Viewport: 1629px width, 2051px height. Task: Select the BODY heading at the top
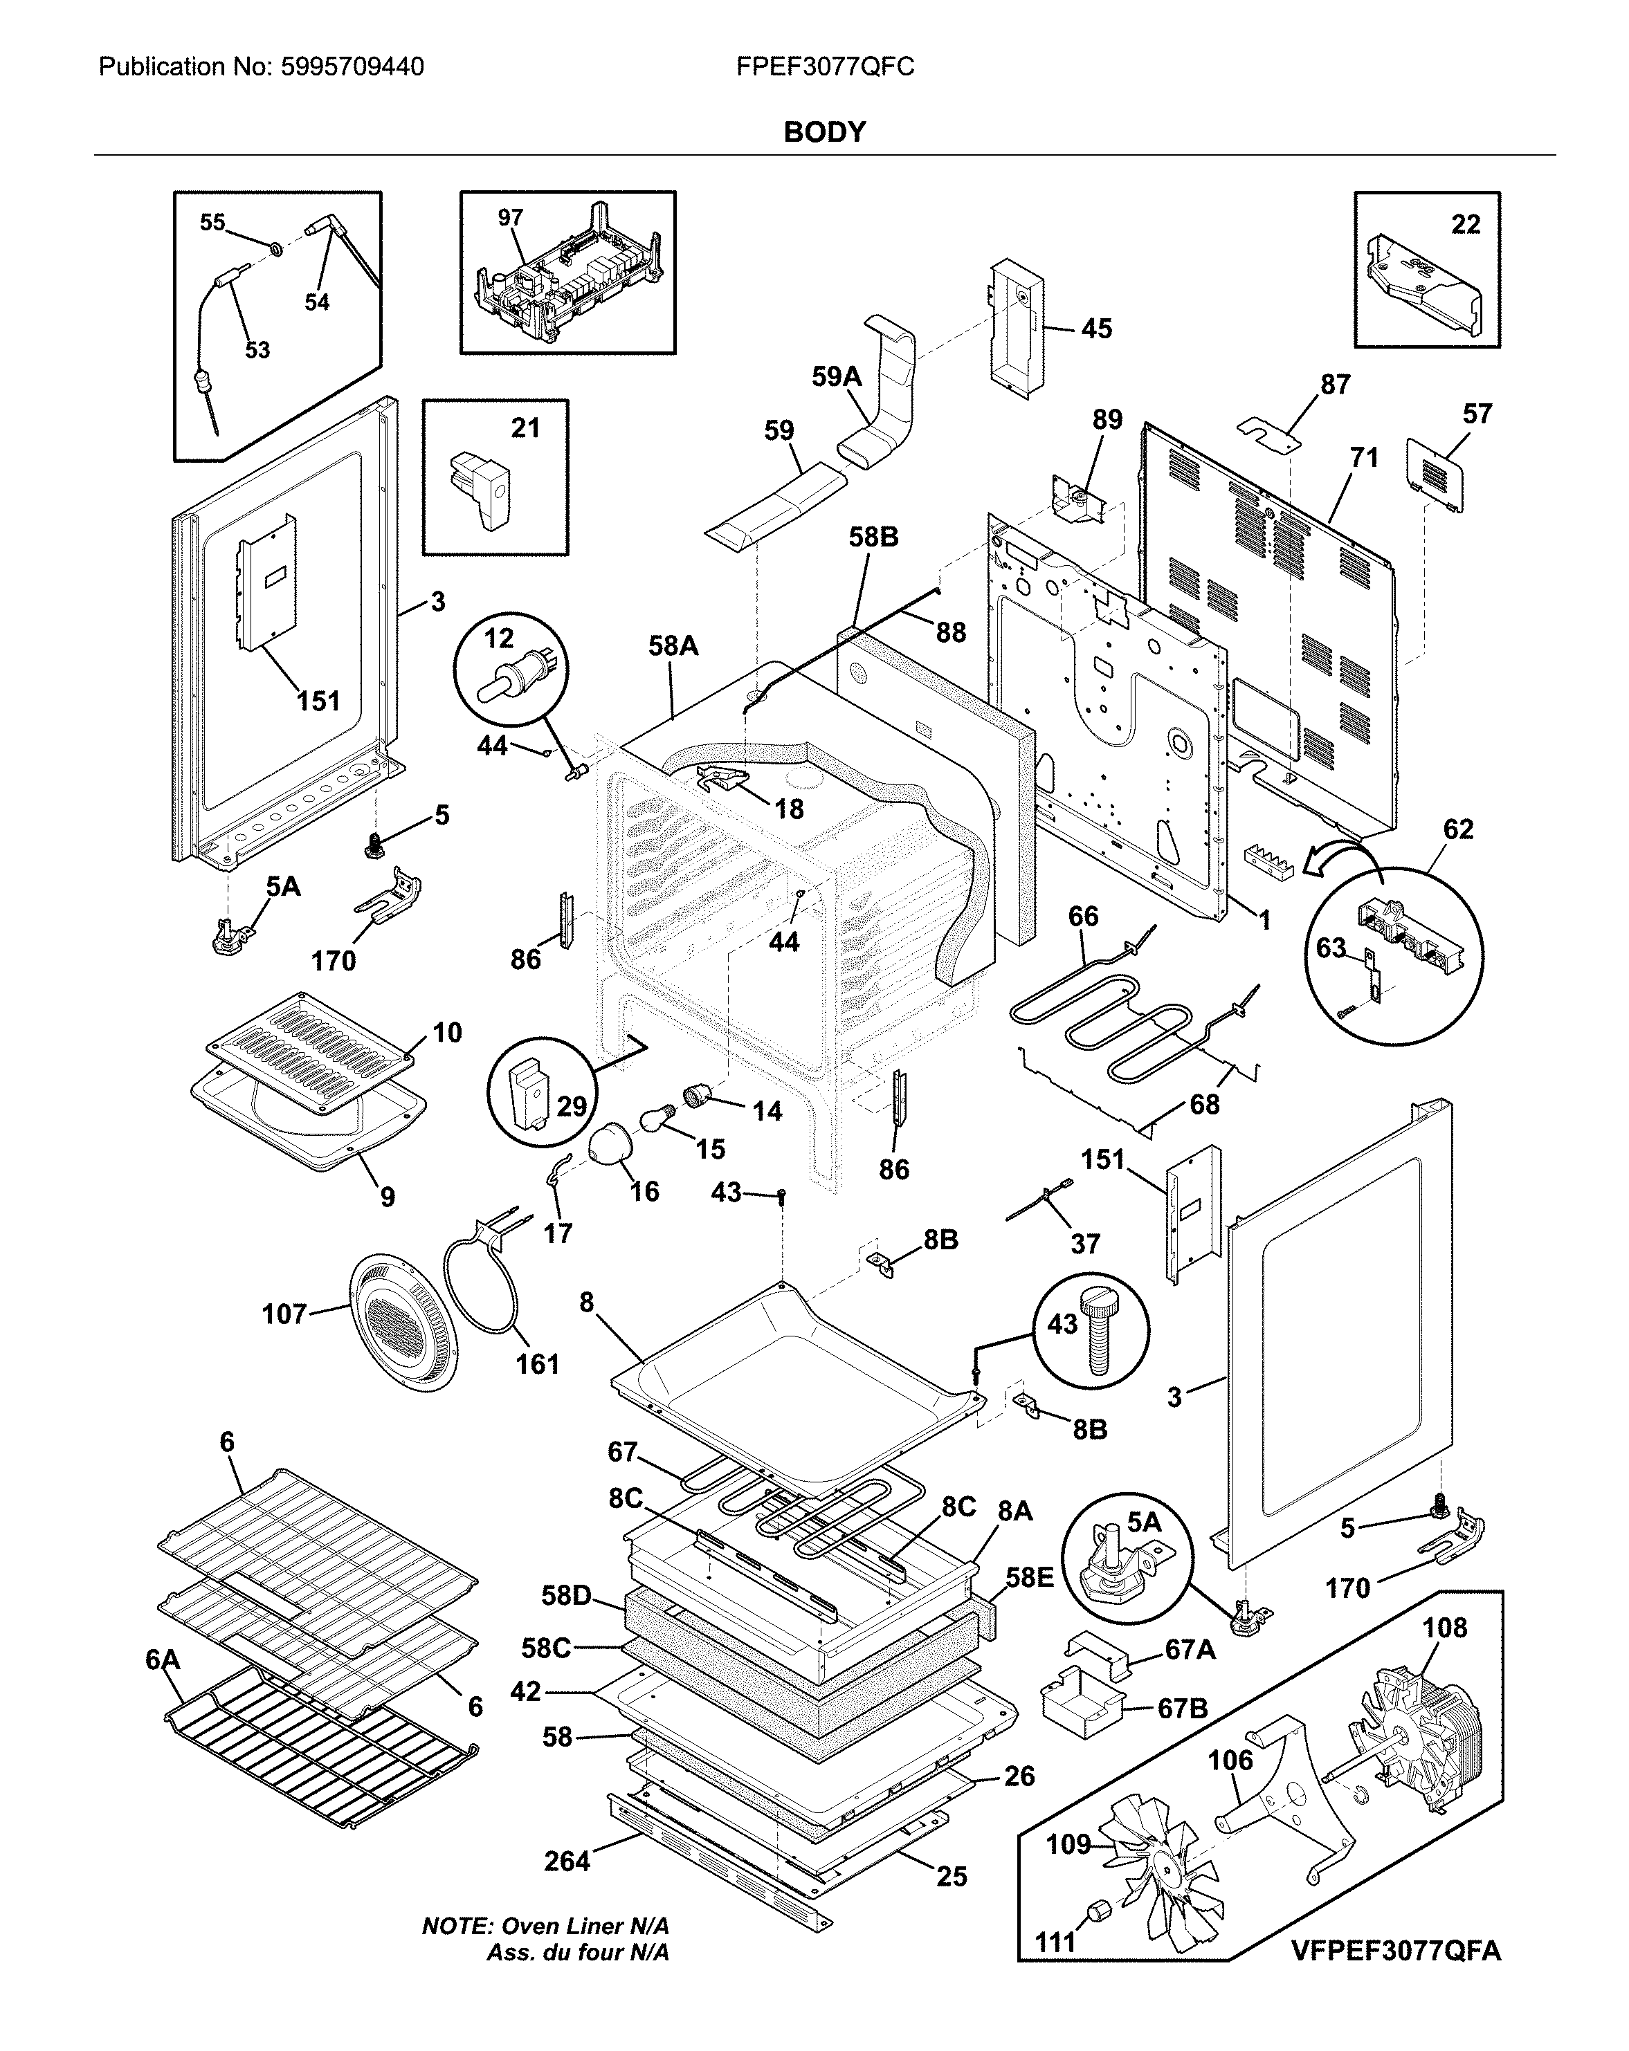click(824, 132)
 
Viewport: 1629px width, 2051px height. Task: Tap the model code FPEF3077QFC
click(825, 66)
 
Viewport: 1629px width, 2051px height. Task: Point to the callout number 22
click(1466, 225)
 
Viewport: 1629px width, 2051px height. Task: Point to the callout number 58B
click(873, 537)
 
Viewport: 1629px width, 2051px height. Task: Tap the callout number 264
click(567, 1861)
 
